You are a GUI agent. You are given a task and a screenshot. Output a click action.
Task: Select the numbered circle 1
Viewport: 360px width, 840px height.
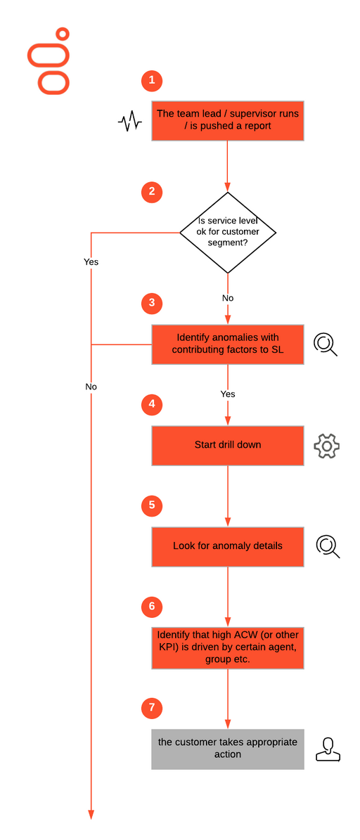click(152, 80)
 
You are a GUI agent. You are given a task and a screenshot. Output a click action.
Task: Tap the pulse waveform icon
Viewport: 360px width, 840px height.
click(129, 122)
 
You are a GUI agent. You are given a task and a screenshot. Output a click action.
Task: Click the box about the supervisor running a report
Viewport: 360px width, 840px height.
click(228, 120)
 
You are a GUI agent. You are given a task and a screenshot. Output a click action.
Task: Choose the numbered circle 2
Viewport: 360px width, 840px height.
click(152, 193)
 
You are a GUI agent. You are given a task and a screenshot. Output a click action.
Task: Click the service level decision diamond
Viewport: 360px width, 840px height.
click(228, 233)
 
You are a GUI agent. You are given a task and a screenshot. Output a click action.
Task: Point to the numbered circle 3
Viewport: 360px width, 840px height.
click(152, 303)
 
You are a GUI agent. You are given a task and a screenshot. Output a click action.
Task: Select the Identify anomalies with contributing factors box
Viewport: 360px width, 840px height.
click(228, 344)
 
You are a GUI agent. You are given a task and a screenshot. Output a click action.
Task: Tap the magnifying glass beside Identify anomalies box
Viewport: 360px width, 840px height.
click(325, 344)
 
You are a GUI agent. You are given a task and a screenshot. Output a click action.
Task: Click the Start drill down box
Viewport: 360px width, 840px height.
click(228, 445)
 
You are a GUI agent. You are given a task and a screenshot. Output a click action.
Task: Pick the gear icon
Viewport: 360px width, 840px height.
click(326, 446)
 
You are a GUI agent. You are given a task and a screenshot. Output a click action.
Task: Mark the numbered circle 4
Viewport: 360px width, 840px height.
click(152, 404)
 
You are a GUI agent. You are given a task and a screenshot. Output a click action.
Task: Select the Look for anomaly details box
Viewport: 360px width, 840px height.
click(228, 546)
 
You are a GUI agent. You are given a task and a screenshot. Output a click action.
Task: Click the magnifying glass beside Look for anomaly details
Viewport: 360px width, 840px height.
click(326, 546)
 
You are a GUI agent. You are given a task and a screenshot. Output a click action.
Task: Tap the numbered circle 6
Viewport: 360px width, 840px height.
click(152, 607)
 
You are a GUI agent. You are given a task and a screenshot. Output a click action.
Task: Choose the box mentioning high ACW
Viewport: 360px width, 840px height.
click(228, 648)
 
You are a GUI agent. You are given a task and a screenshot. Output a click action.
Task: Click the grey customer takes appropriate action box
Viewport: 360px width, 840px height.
click(228, 749)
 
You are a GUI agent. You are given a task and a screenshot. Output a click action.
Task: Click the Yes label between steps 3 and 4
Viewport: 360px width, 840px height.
click(228, 394)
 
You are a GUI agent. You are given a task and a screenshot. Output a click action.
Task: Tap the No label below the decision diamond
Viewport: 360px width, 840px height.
click(228, 298)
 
